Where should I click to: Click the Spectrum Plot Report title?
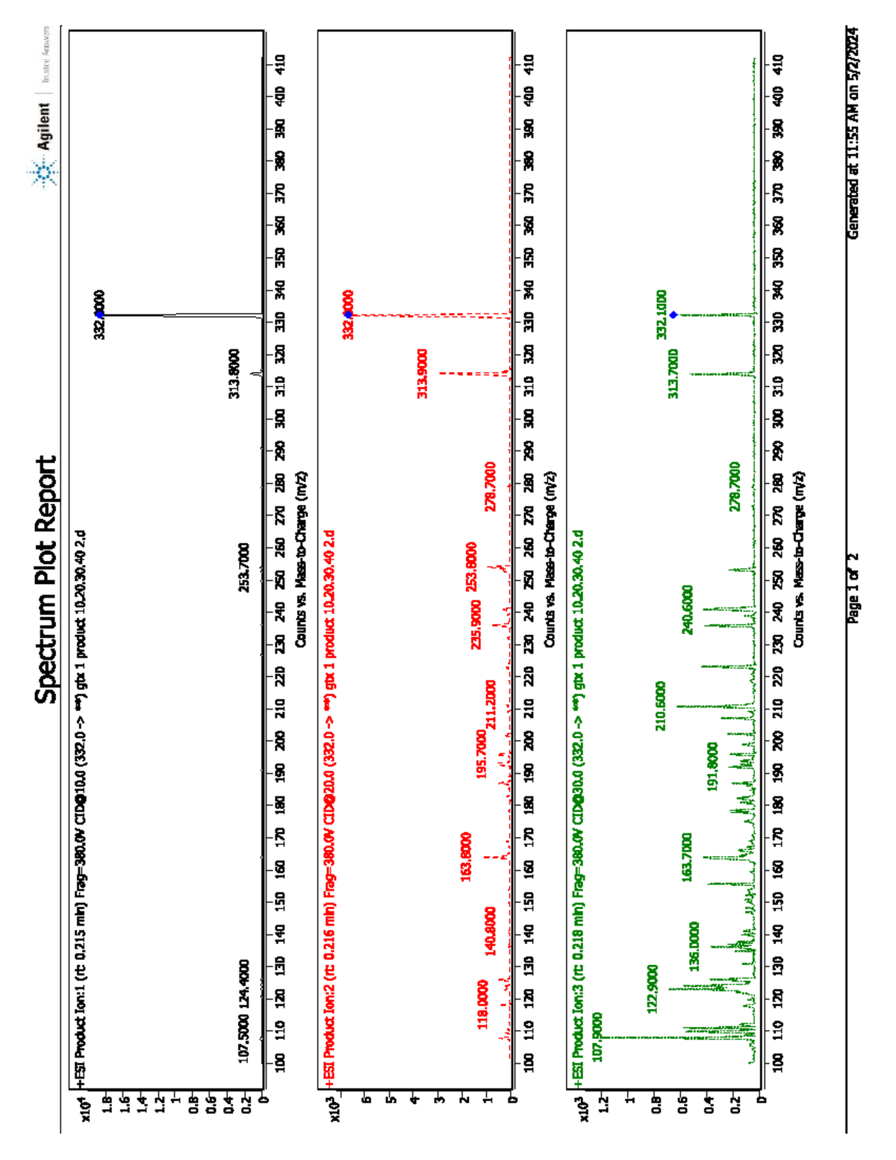pyautogui.click(x=46, y=580)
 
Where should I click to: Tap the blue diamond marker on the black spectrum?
pyautogui.click(x=99, y=314)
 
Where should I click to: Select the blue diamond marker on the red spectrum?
pyautogui.click(x=348, y=314)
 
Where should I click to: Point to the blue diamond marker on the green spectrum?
pyautogui.click(x=673, y=315)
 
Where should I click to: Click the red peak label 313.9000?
pyautogui.click(x=423, y=373)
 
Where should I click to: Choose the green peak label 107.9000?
pyautogui.click(x=597, y=1037)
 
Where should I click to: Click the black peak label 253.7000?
pyautogui.click(x=244, y=568)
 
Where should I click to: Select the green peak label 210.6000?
pyautogui.click(x=661, y=706)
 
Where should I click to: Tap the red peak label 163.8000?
pyautogui.click(x=466, y=857)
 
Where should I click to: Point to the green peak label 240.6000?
pyautogui.click(x=688, y=610)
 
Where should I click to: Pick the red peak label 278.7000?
pyautogui.click(x=491, y=486)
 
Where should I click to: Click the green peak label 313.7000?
pyautogui.click(x=673, y=373)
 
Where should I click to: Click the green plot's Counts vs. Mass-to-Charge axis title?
pyautogui.click(x=799, y=559)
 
